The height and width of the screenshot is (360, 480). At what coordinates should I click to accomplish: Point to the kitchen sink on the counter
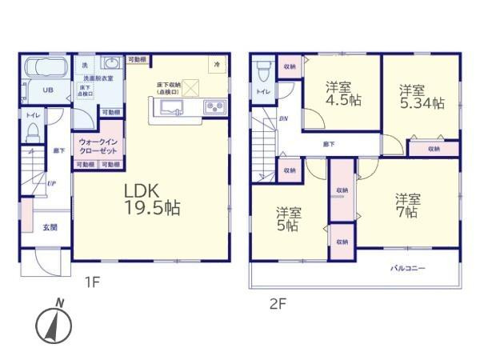[176, 108]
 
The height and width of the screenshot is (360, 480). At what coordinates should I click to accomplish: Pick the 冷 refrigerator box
[215, 63]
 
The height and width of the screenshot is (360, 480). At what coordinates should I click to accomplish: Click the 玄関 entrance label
[50, 227]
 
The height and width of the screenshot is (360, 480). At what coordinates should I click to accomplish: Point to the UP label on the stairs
[51, 184]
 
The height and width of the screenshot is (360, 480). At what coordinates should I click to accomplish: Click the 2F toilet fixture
[262, 72]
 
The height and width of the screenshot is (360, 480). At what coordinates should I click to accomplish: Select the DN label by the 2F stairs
[283, 120]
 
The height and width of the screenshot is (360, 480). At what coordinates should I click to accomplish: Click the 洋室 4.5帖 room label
[339, 94]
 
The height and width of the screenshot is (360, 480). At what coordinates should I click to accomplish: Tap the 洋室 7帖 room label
[406, 205]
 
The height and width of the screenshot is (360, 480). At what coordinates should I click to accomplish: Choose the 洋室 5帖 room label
[289, 220]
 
